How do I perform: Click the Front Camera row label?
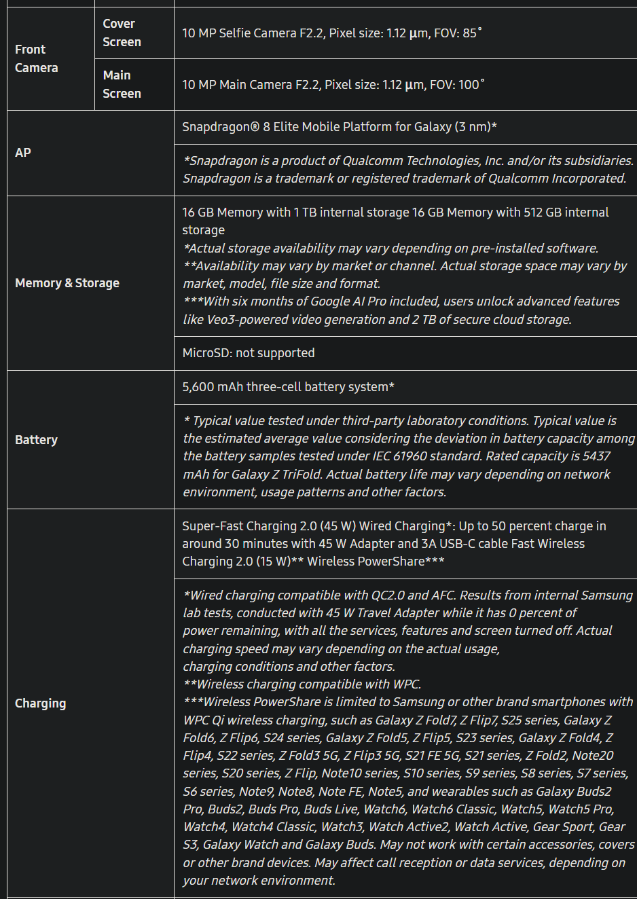[37, 58]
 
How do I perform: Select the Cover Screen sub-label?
[122, 33]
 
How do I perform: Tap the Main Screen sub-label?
[122, 84]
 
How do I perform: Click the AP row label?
[23, 153]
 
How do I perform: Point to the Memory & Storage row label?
[67, 283]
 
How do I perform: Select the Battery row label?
[37, 440]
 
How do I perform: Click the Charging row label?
[41, 703]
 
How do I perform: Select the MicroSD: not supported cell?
[249, 353]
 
